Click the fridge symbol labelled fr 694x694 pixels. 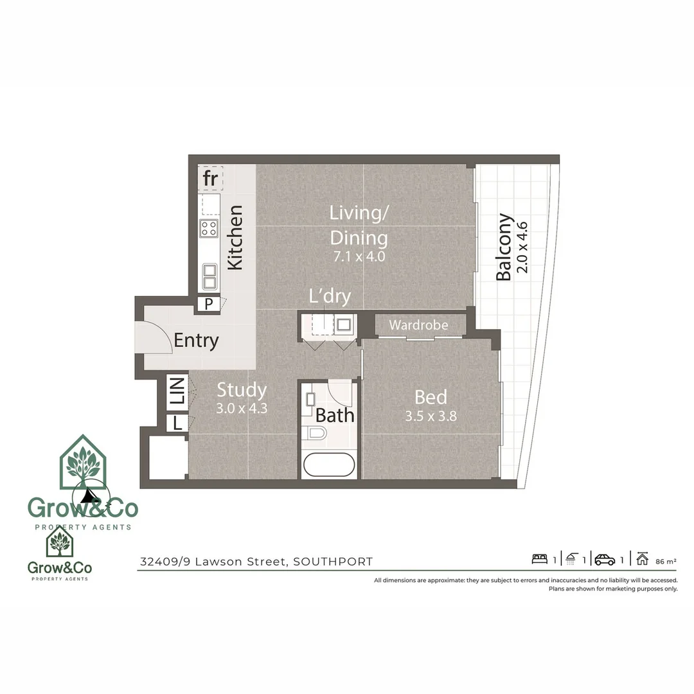210,179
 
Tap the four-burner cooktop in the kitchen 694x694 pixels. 209,228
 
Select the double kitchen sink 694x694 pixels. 209,277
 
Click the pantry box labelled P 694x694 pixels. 208,304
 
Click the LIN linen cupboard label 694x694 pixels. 177,392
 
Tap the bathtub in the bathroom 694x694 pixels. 328,465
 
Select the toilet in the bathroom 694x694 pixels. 316,432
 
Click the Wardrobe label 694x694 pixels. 418,325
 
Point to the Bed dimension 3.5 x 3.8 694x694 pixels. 431,416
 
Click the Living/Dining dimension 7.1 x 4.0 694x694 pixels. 359,256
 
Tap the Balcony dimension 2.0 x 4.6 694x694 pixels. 521,247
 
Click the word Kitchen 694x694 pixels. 236,237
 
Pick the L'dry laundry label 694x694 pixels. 330,297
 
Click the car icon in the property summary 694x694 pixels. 605,559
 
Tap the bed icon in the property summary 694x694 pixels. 539,559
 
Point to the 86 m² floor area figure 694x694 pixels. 665,561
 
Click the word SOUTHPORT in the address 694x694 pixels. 332,562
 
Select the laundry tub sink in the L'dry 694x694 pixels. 343,325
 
